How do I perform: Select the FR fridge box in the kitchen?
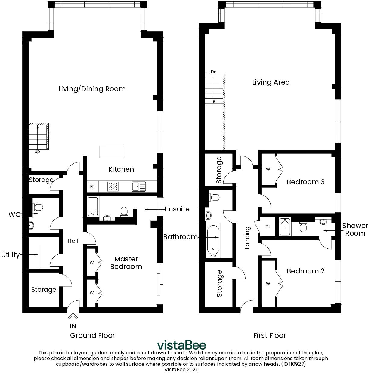(x=92, y=186)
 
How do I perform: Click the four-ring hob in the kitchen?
(x=113, y=186)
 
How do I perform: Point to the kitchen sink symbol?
(x=138, y=186)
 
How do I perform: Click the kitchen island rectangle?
(x=112, y=152)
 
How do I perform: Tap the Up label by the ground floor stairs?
(x=37, y=152)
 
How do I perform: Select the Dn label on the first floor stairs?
(x=214, y=72)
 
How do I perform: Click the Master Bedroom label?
(x=126, y=263)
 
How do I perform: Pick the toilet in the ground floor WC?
(x=38, y=207)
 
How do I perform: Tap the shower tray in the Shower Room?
(x=285, y=227)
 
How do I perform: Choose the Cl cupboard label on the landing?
(x=267, y=227)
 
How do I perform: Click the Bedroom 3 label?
(x=305, y=182)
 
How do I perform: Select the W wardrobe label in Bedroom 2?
(x=268, y=283)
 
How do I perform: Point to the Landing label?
(x=247, y=238)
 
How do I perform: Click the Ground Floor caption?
(x=92, y=335)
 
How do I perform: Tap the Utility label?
(x=10, y=255)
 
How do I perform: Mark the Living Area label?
(x=271, y=82)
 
